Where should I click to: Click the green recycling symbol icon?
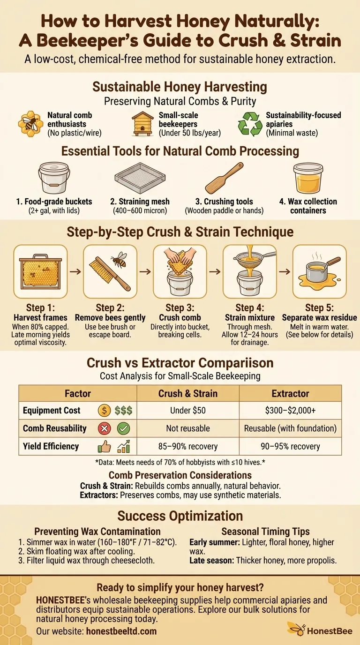[250, 124]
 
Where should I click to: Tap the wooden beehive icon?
[142, 124]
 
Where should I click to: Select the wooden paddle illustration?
[225, 178]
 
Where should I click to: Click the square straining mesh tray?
[140, 178]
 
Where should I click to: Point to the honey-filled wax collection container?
[308, 178]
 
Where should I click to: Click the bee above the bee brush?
[120, 259]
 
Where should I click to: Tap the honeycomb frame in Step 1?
[40, 271]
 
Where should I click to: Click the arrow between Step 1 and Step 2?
[75, 271]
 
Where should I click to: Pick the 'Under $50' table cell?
[188, 410]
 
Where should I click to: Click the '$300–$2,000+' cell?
[290, 410]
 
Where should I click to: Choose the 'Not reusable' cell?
[188, 428]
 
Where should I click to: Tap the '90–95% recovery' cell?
[290, 446]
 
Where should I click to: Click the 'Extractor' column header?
[290, 393]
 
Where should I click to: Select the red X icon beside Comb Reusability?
[104, 428]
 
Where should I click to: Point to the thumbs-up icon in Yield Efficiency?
[104, 447]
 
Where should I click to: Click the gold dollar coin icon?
[104, 410]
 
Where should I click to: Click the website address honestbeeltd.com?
[121, 631]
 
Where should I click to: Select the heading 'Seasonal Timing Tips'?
[265, 531]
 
